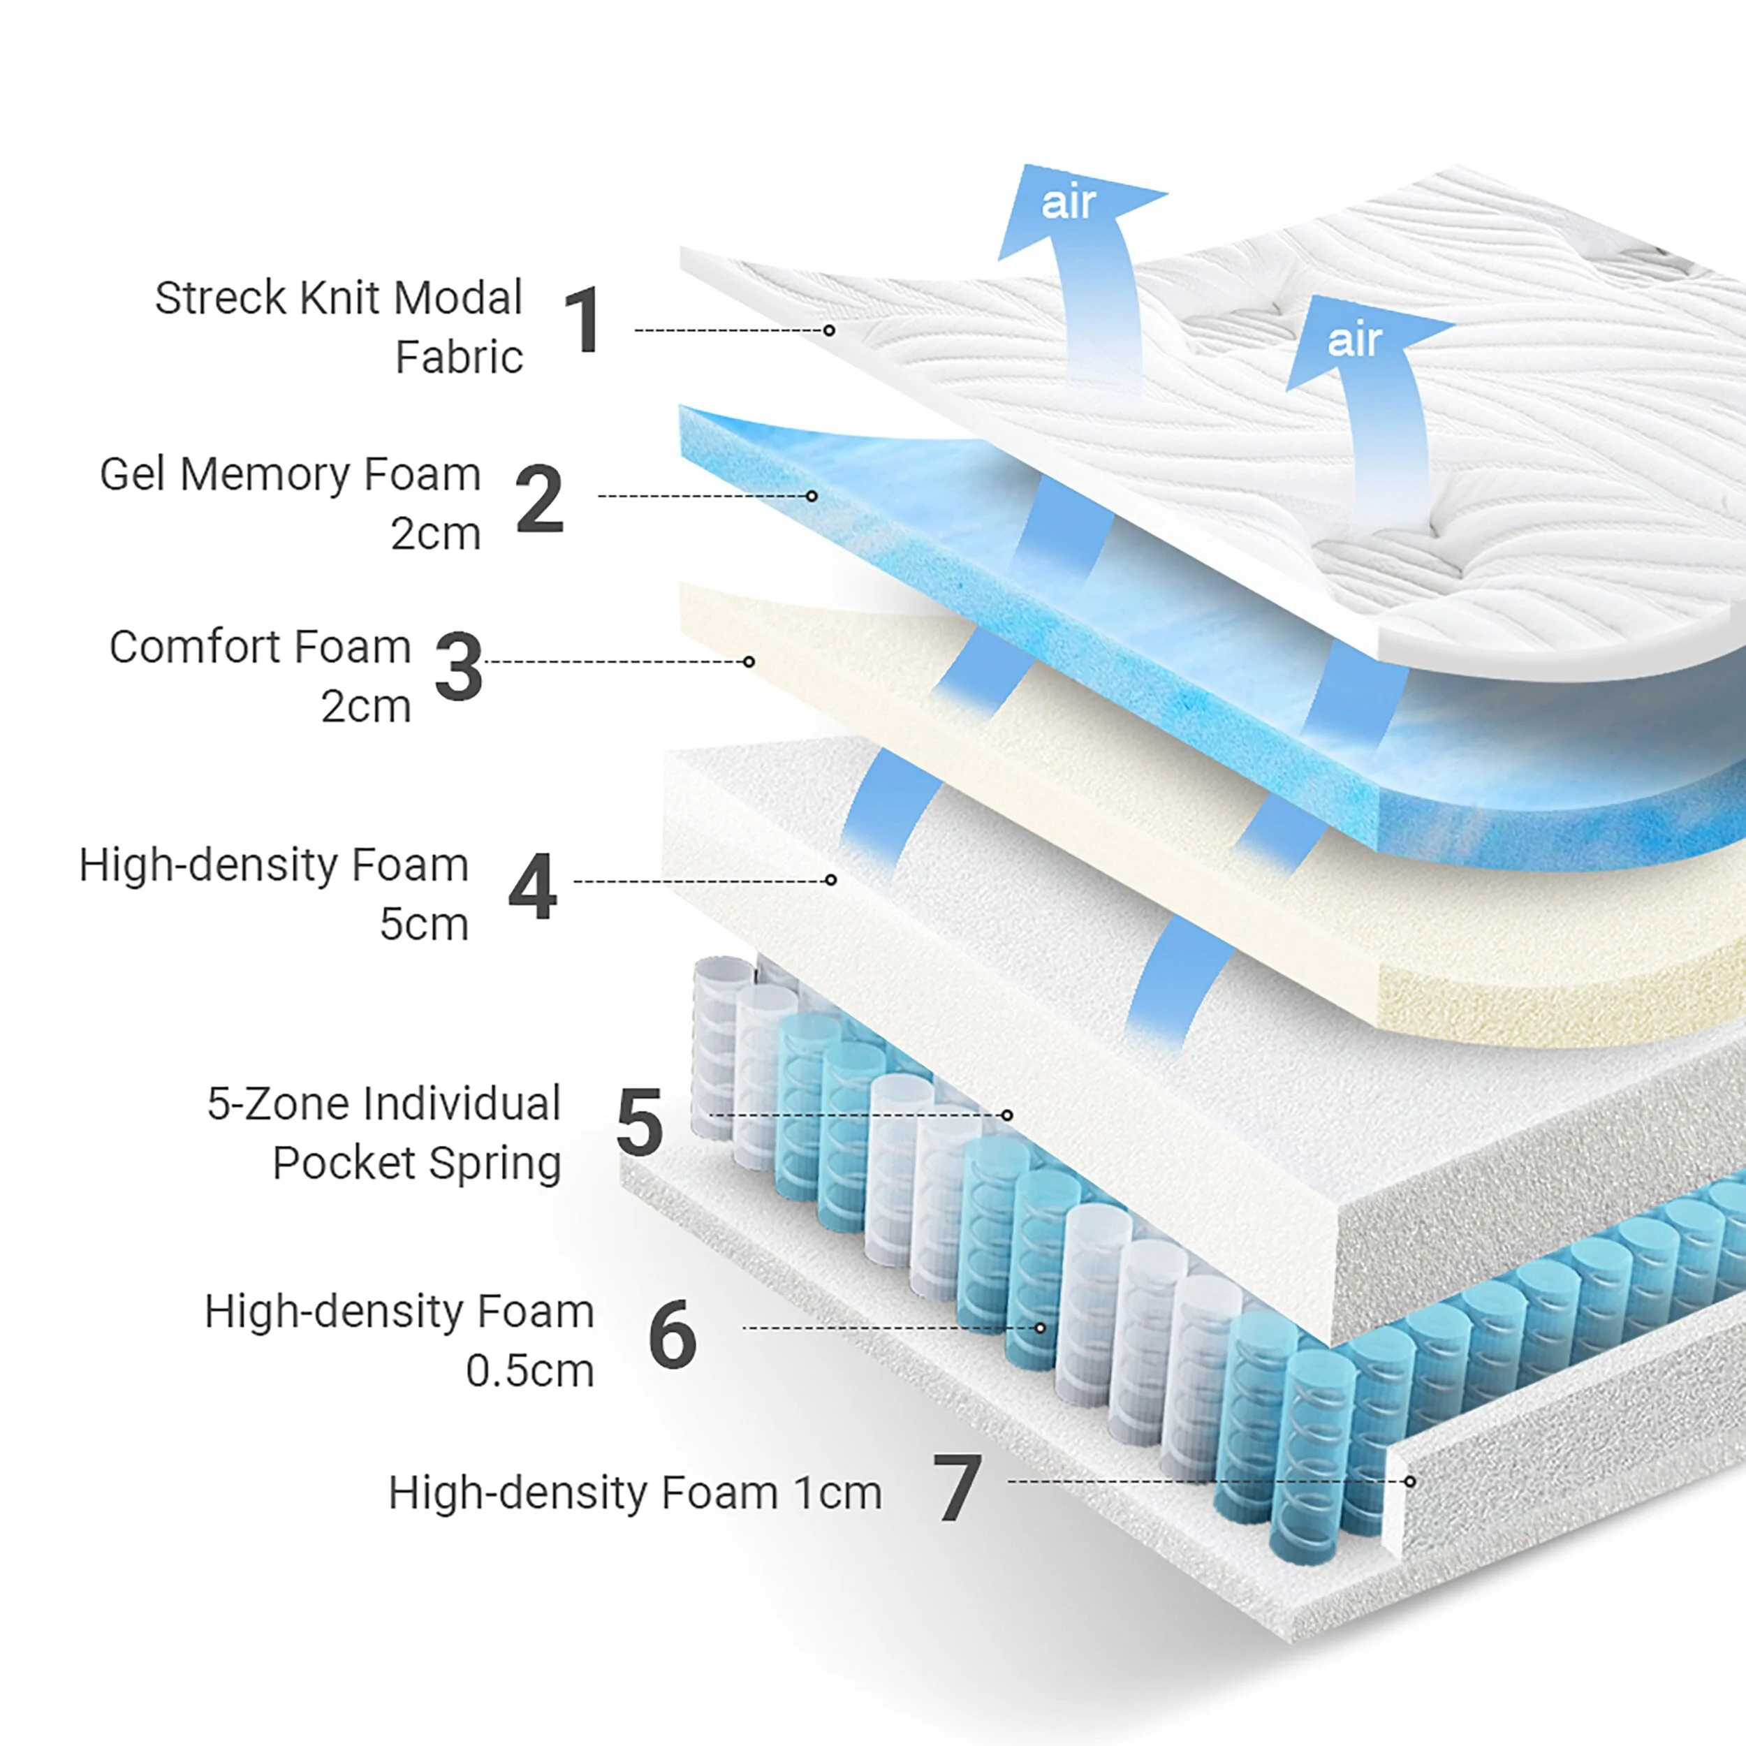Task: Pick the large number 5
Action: click(639, 1122)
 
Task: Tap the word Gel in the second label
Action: click(131, 474)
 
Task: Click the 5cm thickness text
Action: click(424, 923)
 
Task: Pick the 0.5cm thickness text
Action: click(529, 1371)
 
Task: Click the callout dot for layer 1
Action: click(829, 331)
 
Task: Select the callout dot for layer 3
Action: click(748, 662)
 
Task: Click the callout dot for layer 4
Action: click(830, 880)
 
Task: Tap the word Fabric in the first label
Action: click(459, 357)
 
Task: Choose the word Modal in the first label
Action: click(458, 298)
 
